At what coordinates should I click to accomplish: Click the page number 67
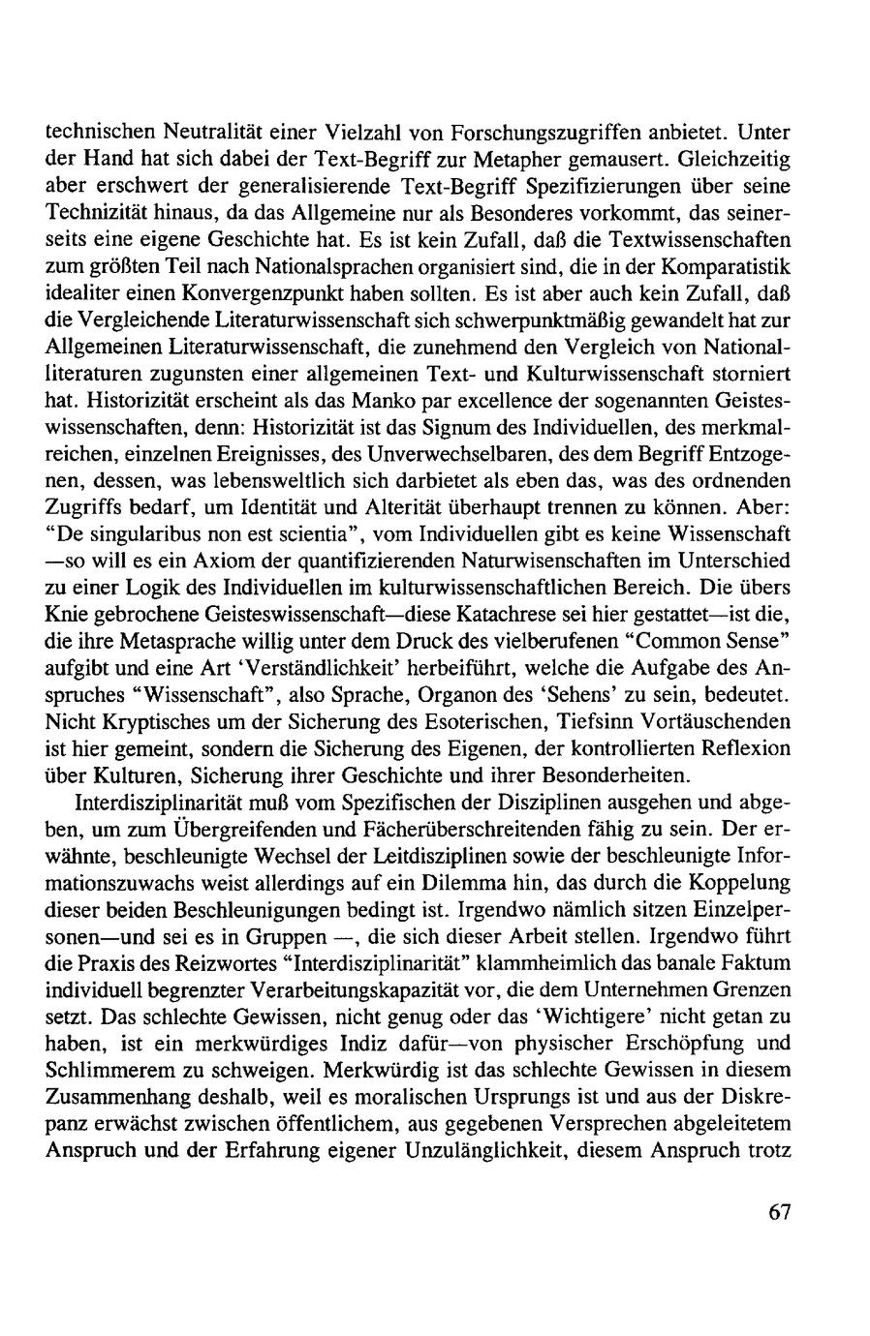point(781,1213)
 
